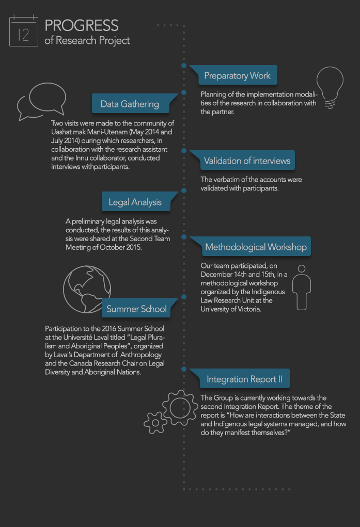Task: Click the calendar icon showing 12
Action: pyautogui.click(x=24, y=31)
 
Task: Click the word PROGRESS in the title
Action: pyautogui.click(x=82, y=25)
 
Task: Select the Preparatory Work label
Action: pyautogui.click(x=237, y=75)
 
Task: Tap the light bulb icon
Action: pyautogui.click(x=330, y=87)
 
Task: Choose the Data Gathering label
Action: pyautogui.click(x=130, y=104)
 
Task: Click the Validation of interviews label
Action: pyautogui.click(x=247, y=161)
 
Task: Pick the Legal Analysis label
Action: pyautogui.click(x=135, y=202)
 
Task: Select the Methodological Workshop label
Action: pyautogui.click(x=256, y=247)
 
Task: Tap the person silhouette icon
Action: pyautogui.click(x=302, y=288)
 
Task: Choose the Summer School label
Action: pyautogui.click(x=136, y=309)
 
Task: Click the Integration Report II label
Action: pyautogui.click(x=245, y=379)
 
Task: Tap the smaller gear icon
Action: pyautogui.click(x=155, y=422)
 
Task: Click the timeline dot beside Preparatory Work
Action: pyautogui.click(x=184, y=66)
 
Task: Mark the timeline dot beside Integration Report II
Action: pyautogui.click(x=184, y=369)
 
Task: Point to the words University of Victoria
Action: pyautogui.click(x=231, y=309)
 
